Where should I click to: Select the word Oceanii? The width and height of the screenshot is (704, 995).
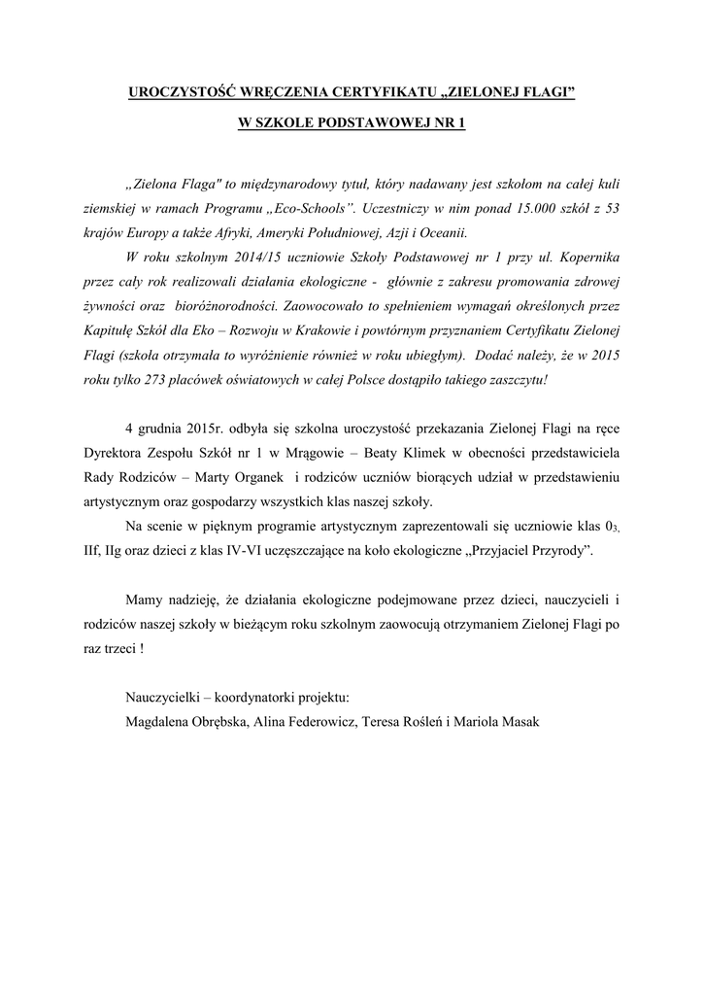point(444,233)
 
